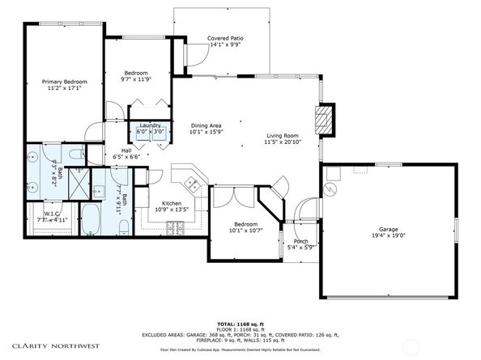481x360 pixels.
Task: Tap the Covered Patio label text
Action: tap(226, 38)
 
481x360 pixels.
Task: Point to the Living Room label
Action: tap(282, 136)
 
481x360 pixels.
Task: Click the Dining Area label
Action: tap(206, 125)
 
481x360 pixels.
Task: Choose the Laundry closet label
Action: tap(150, 125)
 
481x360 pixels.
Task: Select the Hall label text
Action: tap(126, 150)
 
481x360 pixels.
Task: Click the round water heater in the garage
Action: tap(330, 188)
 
